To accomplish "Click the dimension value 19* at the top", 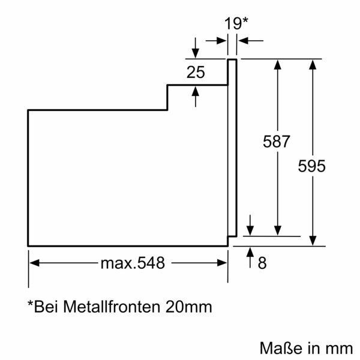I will [236, 23].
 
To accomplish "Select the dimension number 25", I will [196, 73].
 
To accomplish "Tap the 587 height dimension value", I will [277, 142].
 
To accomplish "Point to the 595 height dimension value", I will [312, 166].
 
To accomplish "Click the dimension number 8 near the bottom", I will [262, 263].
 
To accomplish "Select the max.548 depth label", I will [132, 263].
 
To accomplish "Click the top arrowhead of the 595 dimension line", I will [312, 64].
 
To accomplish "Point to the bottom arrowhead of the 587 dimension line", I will [277, 230].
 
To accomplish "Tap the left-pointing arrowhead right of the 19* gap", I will [242, 40].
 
